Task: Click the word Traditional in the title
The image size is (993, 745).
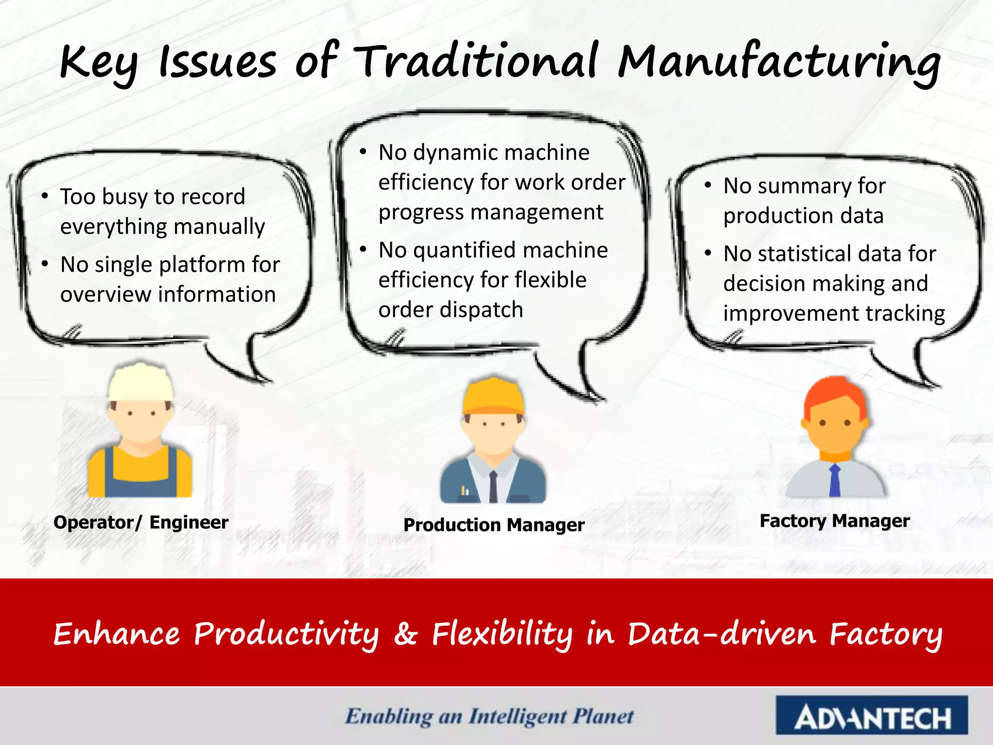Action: point(478,62)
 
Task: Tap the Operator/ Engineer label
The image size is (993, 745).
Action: point(141,522)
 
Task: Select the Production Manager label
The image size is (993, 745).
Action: point(494,525)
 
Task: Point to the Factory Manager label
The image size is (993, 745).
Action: point(834,521)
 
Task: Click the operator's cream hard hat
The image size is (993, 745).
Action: point(140,383)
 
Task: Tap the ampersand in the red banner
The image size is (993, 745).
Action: point(405,633)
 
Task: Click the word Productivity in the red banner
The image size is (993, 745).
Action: point(286,633)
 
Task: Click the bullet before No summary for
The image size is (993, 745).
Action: point(708,185)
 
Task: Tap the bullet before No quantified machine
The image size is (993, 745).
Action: point(363,249)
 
